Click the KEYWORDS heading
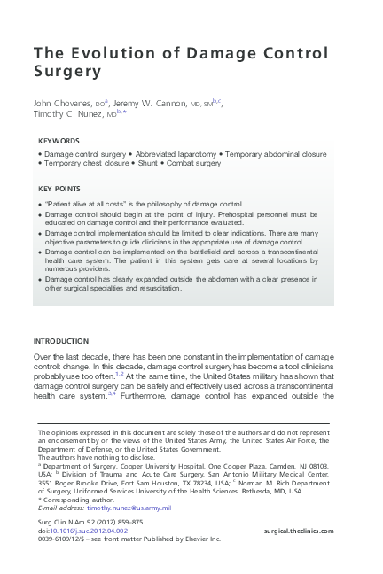(x=59, y=141)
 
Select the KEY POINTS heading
(x=61, y=189)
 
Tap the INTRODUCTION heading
(x=60, y=341)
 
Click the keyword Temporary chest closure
(x=86, y=164)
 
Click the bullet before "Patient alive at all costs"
(x=40, y=205)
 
